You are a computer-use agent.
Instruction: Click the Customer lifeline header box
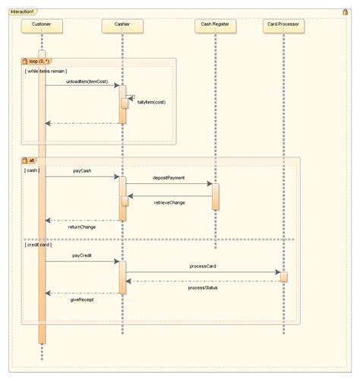point(41,25)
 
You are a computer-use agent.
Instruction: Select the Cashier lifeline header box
point(122,25)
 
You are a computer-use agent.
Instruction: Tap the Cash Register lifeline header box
point(216,25)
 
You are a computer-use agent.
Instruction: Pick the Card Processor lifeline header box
point(284,25)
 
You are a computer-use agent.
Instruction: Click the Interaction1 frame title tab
point(22,12)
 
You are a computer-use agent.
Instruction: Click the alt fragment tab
point(31,160)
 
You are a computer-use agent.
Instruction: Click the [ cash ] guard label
point(32,170)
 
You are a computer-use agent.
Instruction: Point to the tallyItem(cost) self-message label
point(152,102)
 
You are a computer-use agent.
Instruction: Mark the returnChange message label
point(82,227)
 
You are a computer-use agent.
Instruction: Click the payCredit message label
point(82,256)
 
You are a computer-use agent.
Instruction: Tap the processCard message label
point(204,266)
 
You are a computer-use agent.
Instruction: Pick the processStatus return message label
point(204,288)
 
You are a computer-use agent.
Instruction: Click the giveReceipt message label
point(82,300)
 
